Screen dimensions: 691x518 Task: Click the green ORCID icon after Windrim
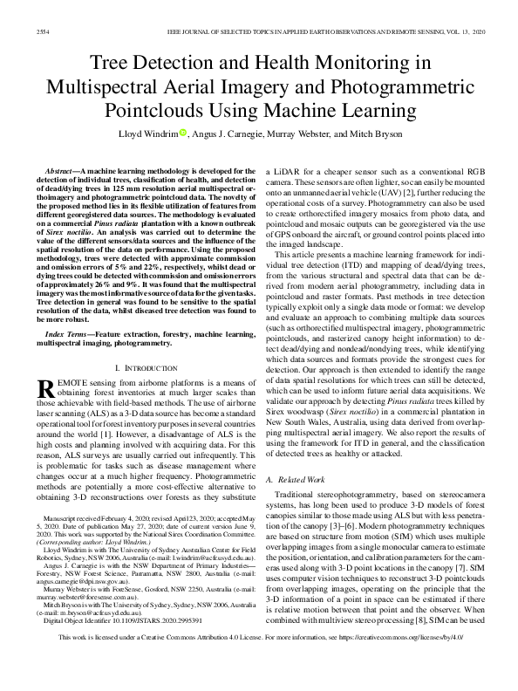point(183,133)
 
